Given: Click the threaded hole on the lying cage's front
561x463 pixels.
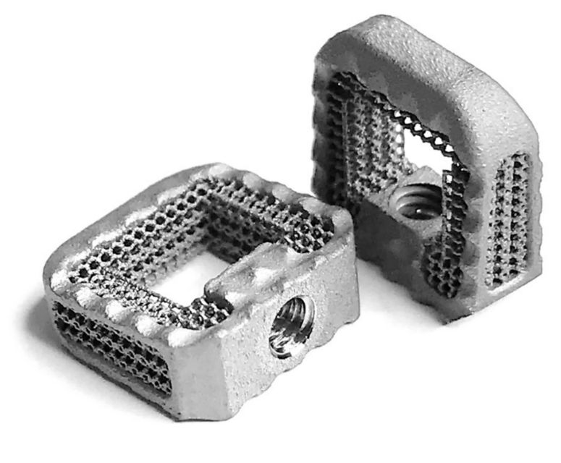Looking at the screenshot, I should pyautogui.click(x=292, y=328).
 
